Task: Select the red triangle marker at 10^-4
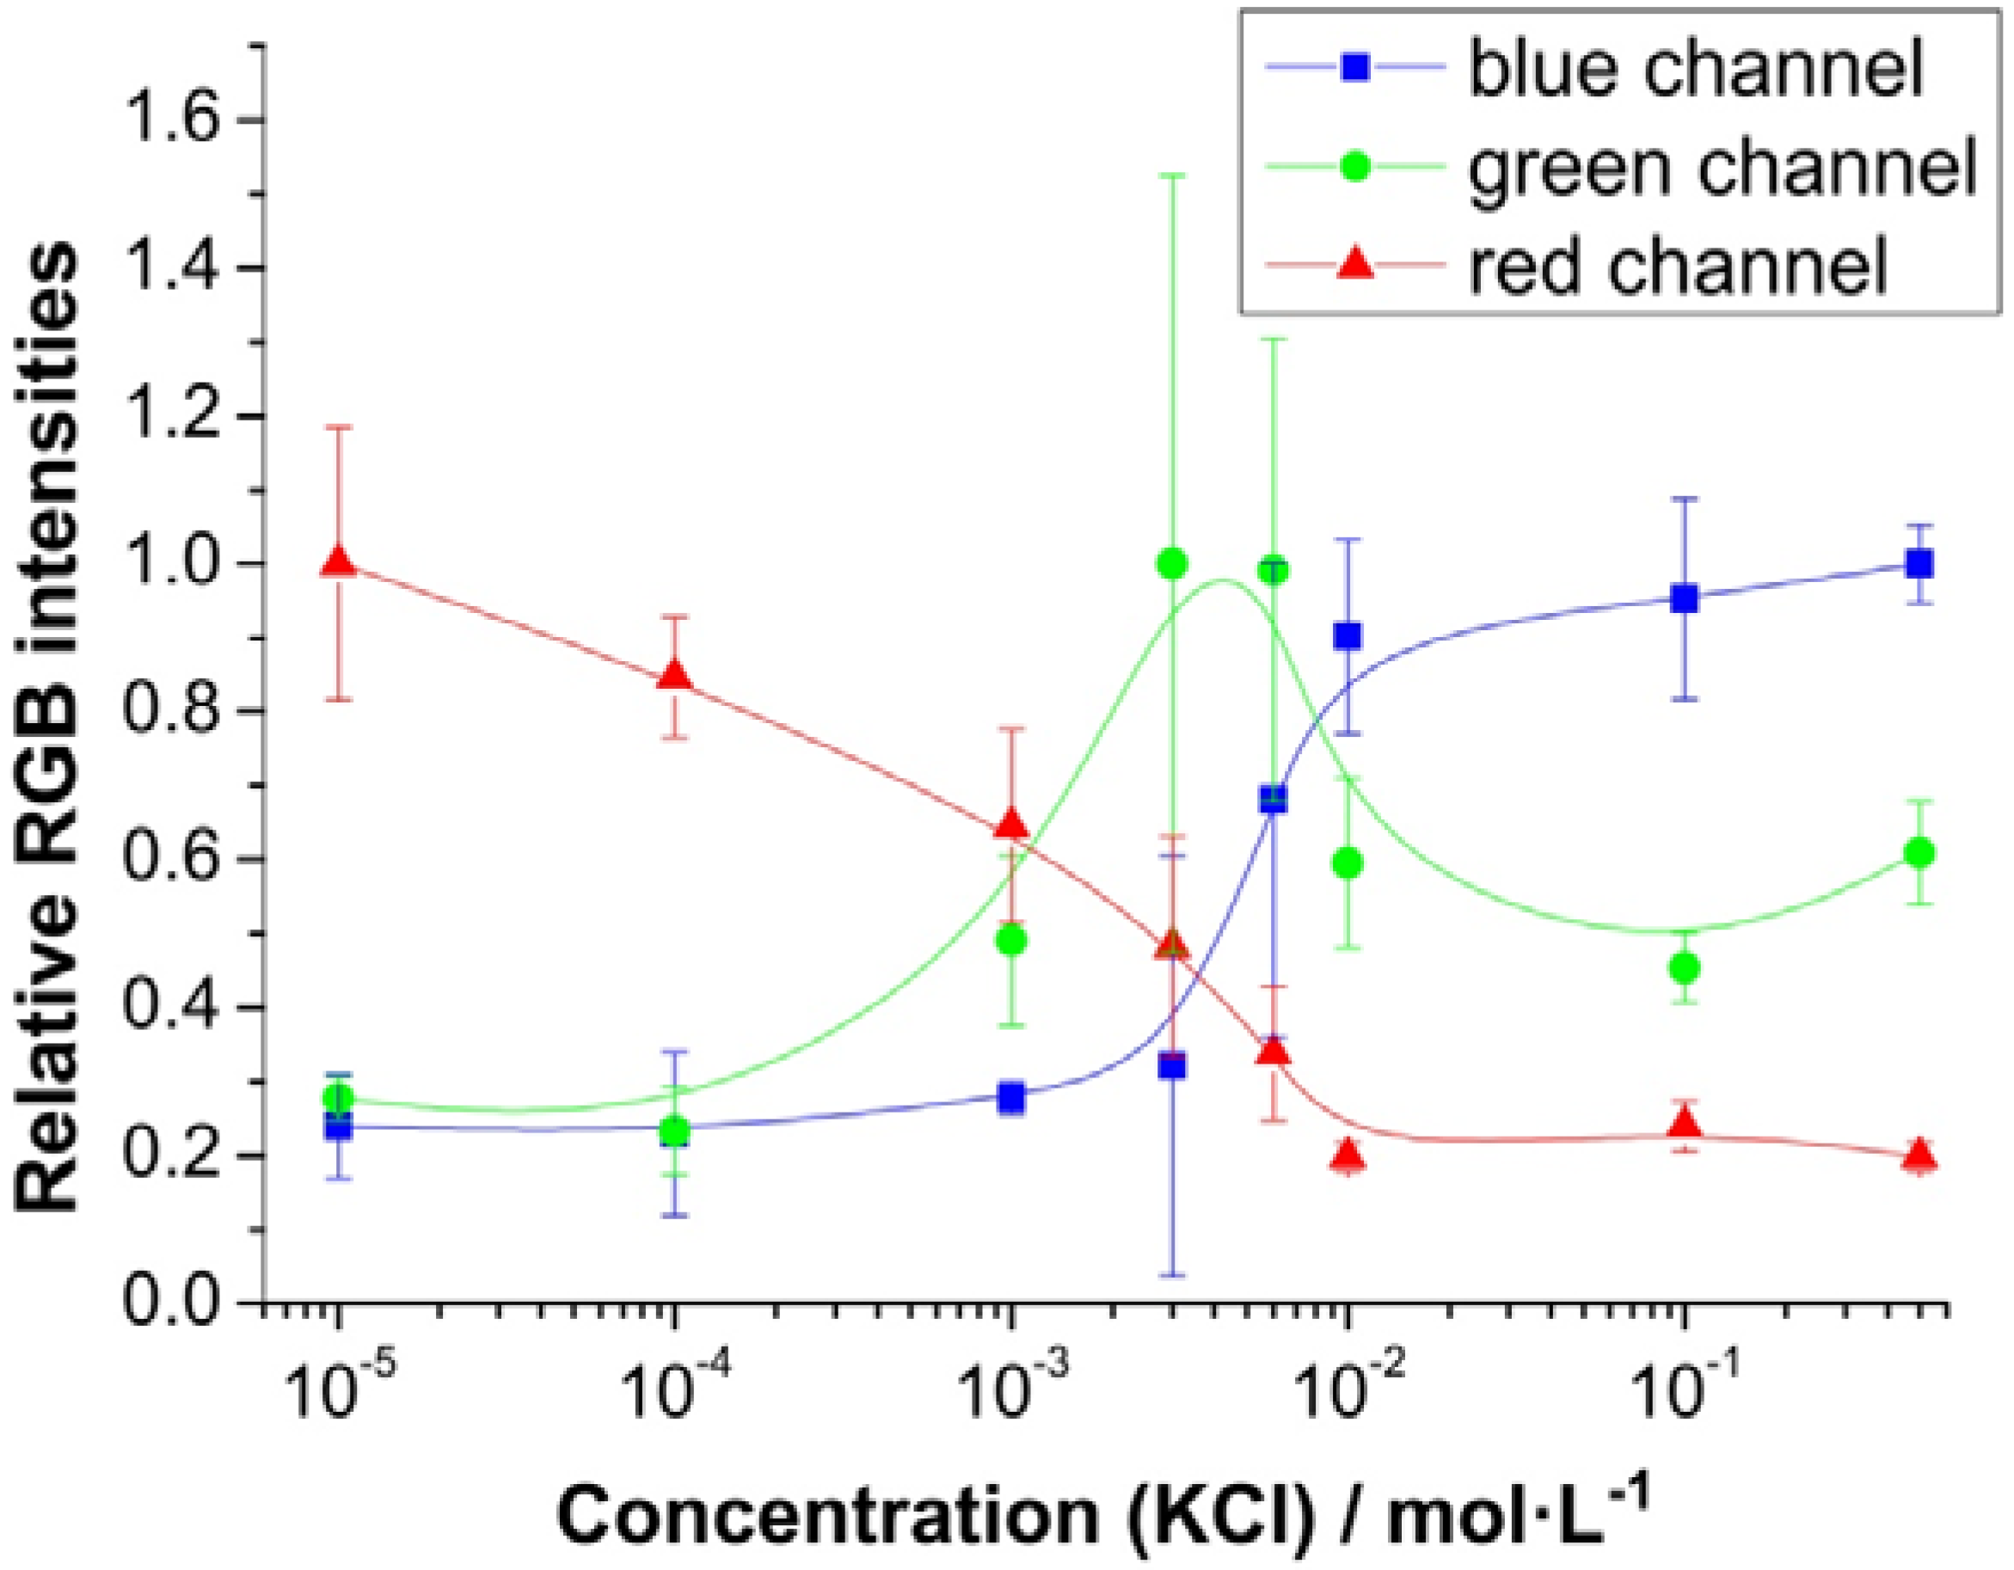(x=675, y=676)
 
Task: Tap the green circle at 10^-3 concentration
(x=1011, y=941)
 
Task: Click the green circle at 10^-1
(x=1685, y=969)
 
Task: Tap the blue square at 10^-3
(x=1011, y=1098)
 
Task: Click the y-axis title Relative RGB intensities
(x=48, y=728)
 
